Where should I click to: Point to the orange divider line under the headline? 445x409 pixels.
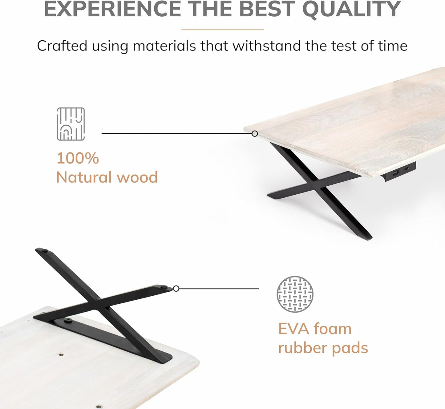pos(222,30)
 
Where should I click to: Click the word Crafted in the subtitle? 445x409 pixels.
pos(62,46)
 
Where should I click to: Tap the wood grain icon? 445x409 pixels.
pos(71,124)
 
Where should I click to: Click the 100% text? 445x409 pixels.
pos(78,158)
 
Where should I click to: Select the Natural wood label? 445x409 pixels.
pos(107,177)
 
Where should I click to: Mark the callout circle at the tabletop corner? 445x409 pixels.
pos(255,134)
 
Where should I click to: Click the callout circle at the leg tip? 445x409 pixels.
pos(176,289)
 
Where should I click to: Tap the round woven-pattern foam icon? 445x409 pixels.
pos(295,294)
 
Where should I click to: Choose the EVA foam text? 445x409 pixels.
pos(314,329)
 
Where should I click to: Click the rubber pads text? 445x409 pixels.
pos(323,348)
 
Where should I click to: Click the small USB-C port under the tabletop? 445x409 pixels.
pos(407,169)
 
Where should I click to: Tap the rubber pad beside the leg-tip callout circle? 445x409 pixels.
pos(165,287)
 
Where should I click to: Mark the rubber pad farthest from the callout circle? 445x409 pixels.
pos(45,251)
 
